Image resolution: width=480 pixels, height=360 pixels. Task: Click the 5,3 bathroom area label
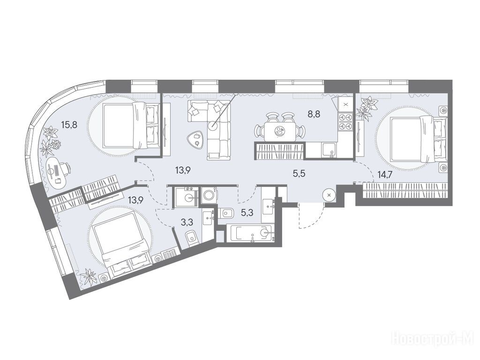pos(247,212)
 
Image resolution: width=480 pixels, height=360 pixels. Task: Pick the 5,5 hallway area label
pos(299,174)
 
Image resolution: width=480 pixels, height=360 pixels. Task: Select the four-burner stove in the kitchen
pos(345,121)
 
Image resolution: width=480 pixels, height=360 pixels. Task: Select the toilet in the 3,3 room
pos(192,238)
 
